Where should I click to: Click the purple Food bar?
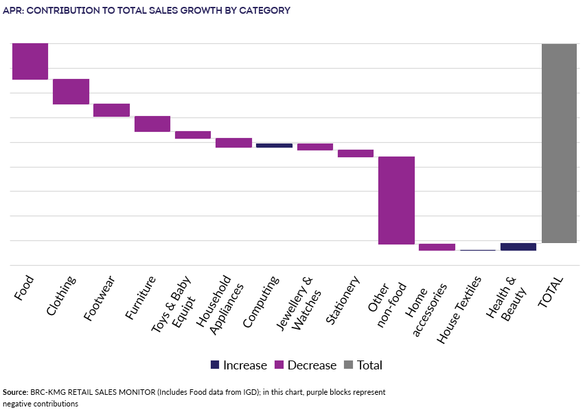(x=30, y=61)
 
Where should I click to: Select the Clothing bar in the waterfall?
(x=71, y=91)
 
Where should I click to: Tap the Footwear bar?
(x=111, y=110)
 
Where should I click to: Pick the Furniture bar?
(x=152, y=124)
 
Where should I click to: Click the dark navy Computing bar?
(x=274, y=146)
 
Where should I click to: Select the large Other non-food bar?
(x=396, y=200)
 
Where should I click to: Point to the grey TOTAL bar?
(x=559, y=143)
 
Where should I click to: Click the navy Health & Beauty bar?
(x=518, y=247)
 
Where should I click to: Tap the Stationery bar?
(x=356, y=153)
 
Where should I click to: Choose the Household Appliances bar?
(x=233, y=143)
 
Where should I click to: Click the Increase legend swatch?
(x=215, y=365)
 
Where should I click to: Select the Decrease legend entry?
(x=305, y=365)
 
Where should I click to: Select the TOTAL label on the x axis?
(x=551, y=291)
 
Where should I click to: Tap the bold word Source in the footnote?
(x=15, y=392)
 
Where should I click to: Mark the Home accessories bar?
(x=437, y=247)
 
